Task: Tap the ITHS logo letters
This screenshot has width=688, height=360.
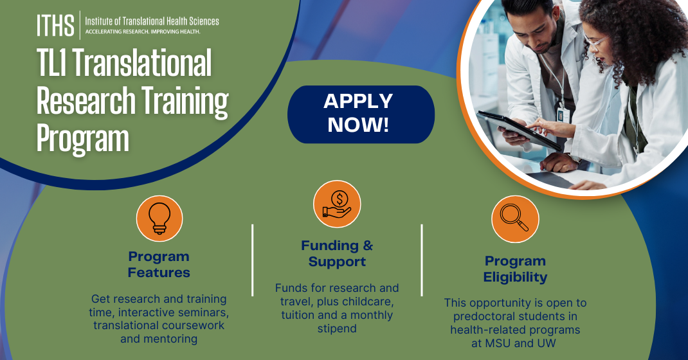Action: point(55,25)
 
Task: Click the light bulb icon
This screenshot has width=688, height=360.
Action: point(159,218)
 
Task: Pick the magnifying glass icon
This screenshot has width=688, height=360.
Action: point(515,219)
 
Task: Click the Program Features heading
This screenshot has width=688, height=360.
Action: point(159,264)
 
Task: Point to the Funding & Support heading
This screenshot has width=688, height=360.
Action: point(337,253)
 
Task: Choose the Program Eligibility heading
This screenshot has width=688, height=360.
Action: point(515,269)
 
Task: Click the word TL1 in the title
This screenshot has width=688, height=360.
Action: point(56,64)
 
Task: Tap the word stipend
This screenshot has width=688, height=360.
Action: point(337,329)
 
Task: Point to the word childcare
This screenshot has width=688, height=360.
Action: point(372,301)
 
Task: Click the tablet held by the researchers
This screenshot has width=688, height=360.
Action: point(514,129)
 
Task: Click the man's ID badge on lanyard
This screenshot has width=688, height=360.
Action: point(561,114)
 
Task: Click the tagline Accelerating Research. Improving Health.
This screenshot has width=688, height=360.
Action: point(143,32)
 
